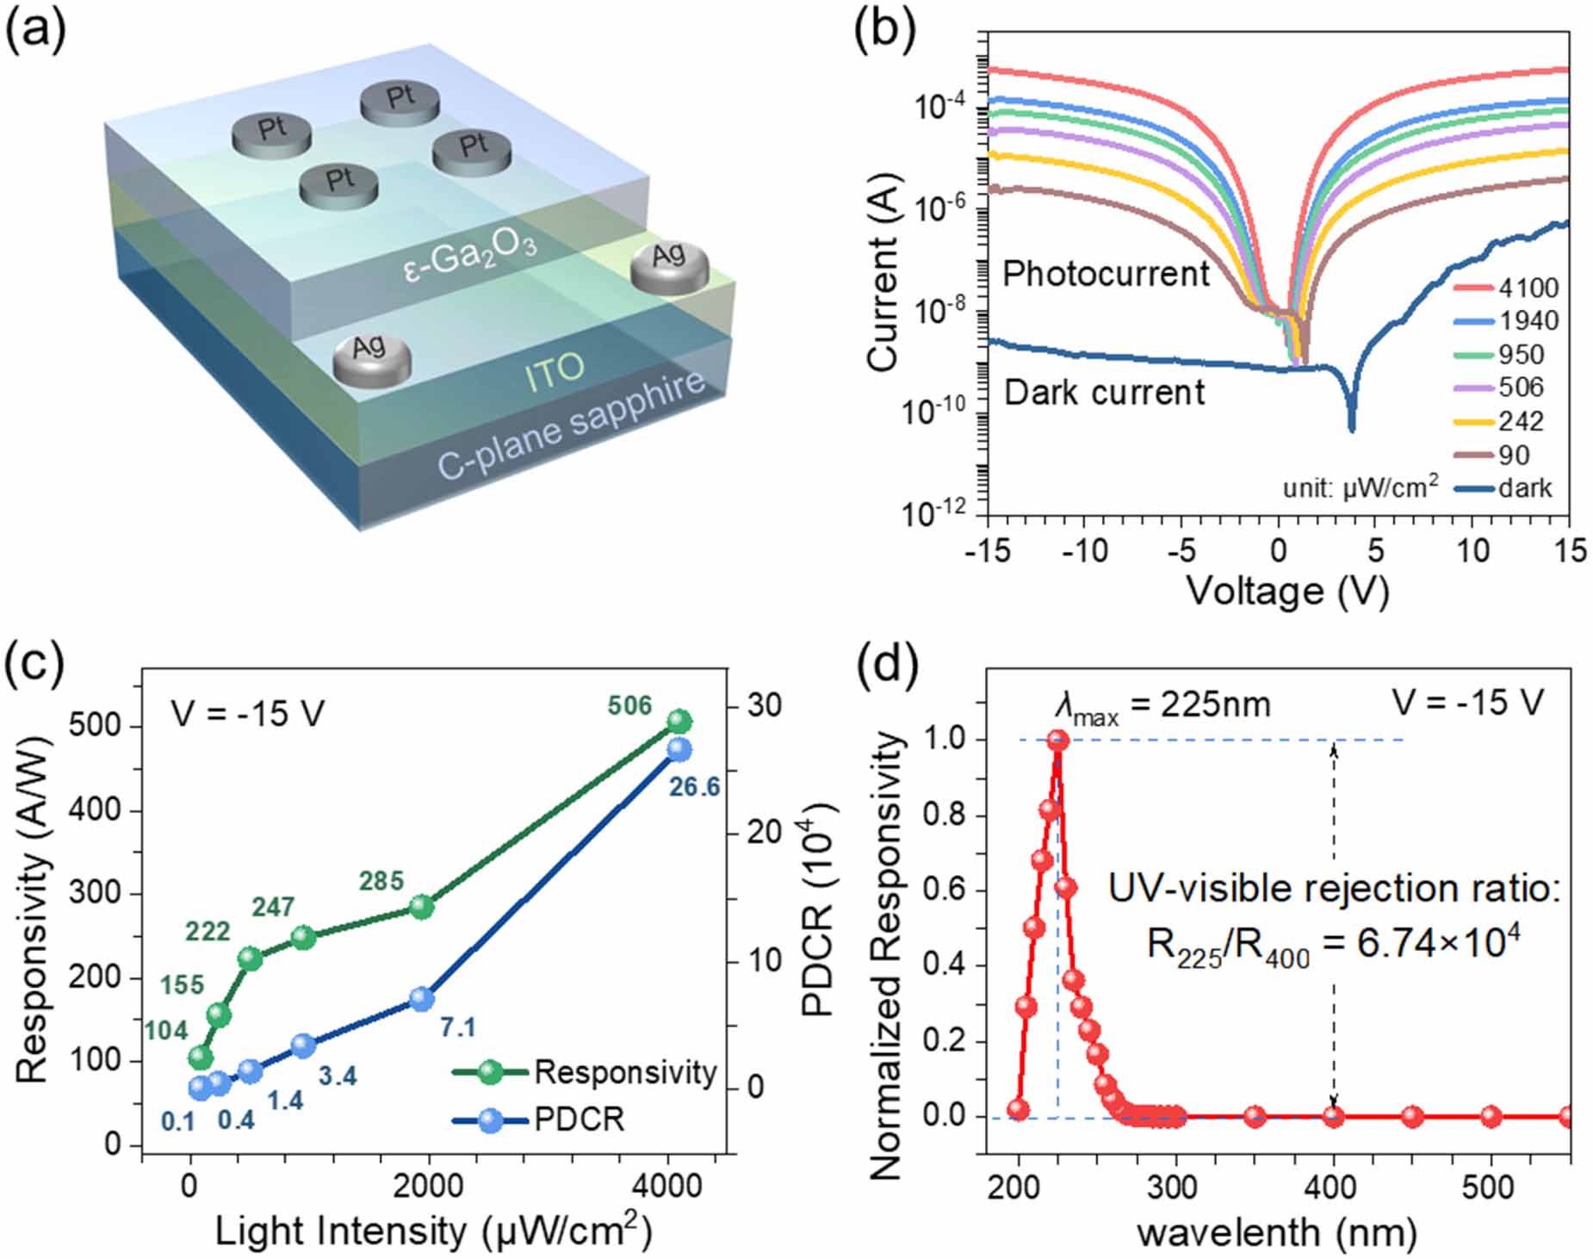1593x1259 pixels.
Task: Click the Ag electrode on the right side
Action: pyautogui.click(x=670, y=264)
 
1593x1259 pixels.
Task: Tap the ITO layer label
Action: pyautogui.click(x=554, y=372)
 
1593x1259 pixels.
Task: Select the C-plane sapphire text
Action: pyautogui.click(x=571, y=425)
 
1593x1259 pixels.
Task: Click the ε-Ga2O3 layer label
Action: pyautogui.click(x=470, y=252)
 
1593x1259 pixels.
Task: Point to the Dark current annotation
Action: pyautogui.click(x=1104, y=393)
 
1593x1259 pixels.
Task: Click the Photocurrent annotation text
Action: pyautogui.click(x=1106, y=274)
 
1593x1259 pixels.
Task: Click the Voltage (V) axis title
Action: pyautogui.click(x=1287, y=592)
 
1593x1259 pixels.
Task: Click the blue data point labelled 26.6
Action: pyautogui.click(x=679, y=749)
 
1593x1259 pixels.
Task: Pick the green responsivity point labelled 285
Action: pyautogui.click(x=421, y=907)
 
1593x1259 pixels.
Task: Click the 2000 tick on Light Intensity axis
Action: pyautogui.click(x=428, y=1186)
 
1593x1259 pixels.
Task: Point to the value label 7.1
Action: pyautogui.click(x=457, y=1027)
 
